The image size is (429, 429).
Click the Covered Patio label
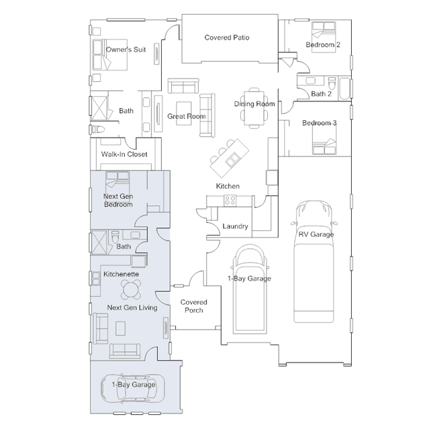point(227,38)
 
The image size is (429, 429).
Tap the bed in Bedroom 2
point(324,37)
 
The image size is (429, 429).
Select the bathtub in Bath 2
point(344,89)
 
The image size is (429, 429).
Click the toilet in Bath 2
point(332,83)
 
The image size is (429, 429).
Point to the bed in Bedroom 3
point(324,140)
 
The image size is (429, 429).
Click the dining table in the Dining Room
point(254,108)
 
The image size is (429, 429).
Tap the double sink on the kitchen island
point(232,159)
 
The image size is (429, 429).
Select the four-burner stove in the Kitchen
point(230,201)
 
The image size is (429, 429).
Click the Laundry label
point(235,226)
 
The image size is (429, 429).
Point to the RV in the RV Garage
point(314,261)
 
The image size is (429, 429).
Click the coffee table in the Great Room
point(184,113)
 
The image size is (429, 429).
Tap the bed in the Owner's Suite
point(109,55)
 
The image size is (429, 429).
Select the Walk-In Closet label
point(124,154)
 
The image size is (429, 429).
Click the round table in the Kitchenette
point(131,289)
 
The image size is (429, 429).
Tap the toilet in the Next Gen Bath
point(115,236)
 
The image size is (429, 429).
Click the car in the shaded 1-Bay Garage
point(133,388)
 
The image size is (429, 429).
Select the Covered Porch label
point(194,306)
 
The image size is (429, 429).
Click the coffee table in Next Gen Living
point(120,328)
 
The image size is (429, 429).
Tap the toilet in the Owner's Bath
point(98,129)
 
